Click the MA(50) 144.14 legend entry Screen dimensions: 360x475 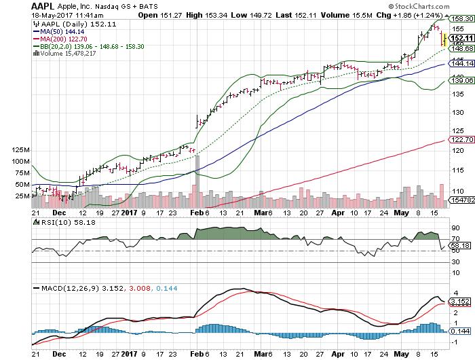[60, 31]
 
